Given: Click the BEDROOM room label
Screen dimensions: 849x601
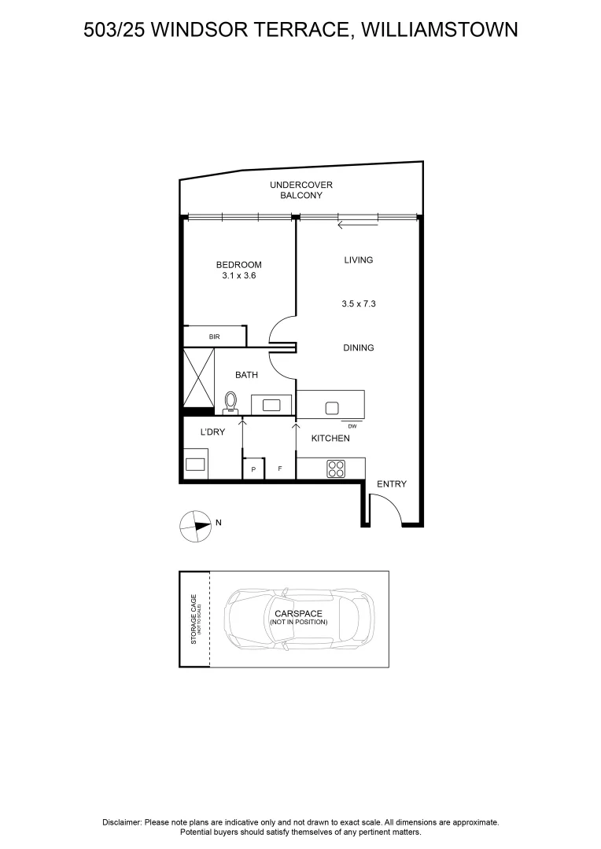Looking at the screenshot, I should (x=238, y=265).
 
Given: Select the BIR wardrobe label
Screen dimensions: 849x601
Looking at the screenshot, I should (x=214, y=336).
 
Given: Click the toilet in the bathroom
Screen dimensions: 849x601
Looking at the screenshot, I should (x=231, y=402).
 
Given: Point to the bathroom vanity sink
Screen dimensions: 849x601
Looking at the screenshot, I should (x=272, y=405).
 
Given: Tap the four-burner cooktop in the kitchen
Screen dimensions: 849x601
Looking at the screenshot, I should (x=336, y=469).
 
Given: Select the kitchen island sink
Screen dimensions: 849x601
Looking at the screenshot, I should (x=332, y=407).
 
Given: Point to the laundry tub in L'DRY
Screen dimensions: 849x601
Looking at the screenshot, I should (x=195, y=464).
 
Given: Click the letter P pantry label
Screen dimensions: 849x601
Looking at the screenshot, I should (x=253, y=469).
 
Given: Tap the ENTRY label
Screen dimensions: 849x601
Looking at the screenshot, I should (x=392, y=484).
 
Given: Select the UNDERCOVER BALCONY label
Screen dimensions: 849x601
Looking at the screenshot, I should (x=301, y=190).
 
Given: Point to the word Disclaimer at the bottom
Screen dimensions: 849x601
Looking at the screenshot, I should (x=122, y=822).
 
